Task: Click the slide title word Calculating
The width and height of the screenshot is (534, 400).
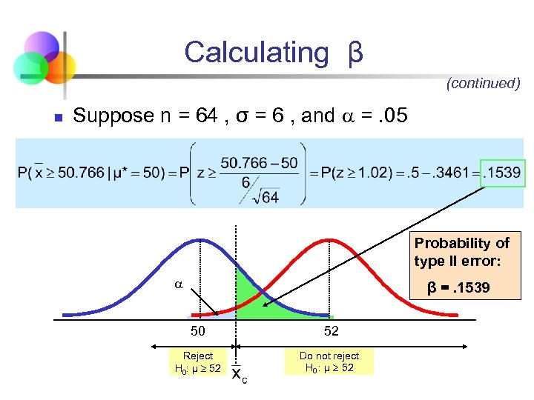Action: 256,53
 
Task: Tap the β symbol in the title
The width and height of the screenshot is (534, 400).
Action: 355,53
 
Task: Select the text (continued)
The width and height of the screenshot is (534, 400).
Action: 483,83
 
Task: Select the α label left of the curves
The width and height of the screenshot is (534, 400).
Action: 178,284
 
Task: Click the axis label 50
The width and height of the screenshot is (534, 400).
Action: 198,331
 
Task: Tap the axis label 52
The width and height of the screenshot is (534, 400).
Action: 329,331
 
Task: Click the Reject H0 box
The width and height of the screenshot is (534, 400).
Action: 197,361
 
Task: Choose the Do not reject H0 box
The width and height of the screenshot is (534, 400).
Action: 329,361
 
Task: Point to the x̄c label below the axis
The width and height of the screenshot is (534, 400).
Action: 239,375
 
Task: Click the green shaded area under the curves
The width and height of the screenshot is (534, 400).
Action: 256,296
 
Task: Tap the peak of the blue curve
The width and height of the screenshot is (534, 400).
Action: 199,240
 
